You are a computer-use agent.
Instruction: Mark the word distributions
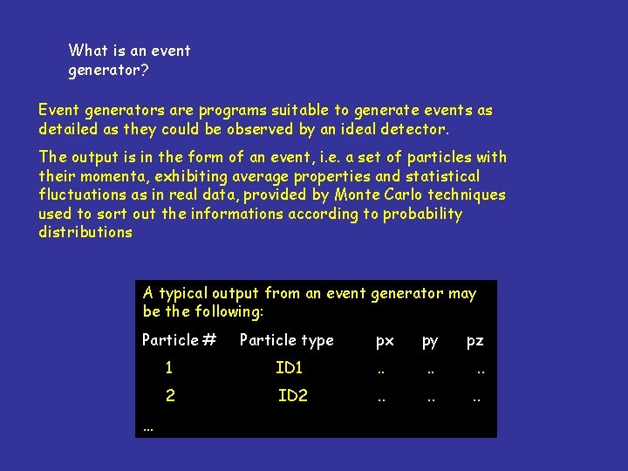(x=85, y=233)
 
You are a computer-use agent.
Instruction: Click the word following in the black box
(x=229, y=312)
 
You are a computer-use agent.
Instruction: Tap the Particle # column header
(x=179, y=341)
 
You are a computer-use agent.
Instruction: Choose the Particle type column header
(x=287, y=341)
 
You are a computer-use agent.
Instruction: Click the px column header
(x=385, y=342)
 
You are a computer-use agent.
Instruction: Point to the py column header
(x=430, y=342)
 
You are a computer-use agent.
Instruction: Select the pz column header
(x=474, y=342)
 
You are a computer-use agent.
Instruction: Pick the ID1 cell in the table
(x=290, y=369)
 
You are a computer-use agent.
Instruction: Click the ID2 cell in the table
(x=293, y=396)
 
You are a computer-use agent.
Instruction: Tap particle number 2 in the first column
(x=170, y=396)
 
